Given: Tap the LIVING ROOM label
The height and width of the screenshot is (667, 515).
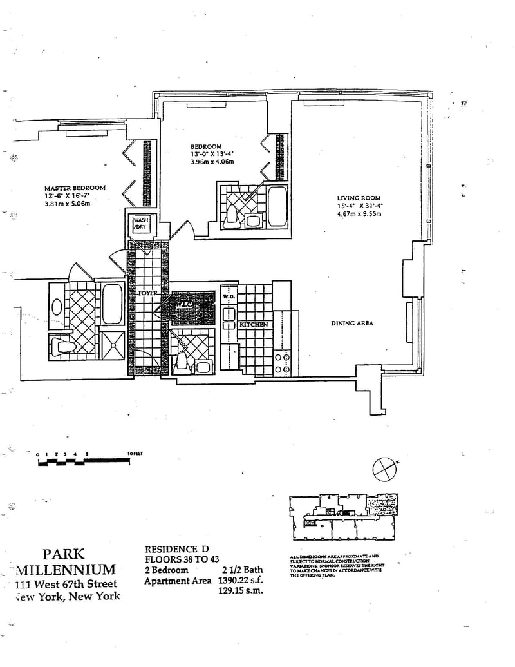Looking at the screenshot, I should pyautogui.click(x=359, y=198).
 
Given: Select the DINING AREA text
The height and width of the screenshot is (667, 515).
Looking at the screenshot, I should pyautogui.click(x=352, y=324).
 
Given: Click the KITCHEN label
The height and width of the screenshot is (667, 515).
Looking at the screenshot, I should pyautogui.click(x=254, y=325).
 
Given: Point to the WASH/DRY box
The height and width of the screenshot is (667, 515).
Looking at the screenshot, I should pyautogui.click(x=140, y=224).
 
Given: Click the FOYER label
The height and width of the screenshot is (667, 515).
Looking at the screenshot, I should pyautogui.click(x=148, y=293).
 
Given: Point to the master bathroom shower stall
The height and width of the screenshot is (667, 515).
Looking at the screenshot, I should pyautogui.click(x=112, y=347).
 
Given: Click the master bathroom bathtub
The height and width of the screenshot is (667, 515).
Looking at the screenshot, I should pyautogui.click(x=112, y=303).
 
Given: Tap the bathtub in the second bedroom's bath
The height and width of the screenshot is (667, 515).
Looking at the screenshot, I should pyautogui.click(x=277, y=206).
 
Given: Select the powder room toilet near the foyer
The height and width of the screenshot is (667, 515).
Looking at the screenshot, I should pyautogui.click(x=182, y=362).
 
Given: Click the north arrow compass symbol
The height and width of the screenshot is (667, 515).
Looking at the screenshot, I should pyautogui.click(x=385, y=467).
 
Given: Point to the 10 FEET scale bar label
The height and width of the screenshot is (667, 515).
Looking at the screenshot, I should pyautogui.click(x=135, y=454).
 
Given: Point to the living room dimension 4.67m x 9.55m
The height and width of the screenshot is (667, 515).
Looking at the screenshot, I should pyautogui.click(x=359, y=214).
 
